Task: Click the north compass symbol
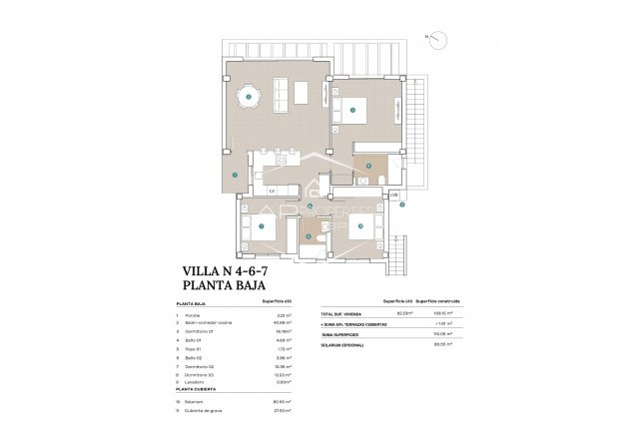click(435, 38)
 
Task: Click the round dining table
click(248, 97)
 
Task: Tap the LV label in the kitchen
click(272, 190)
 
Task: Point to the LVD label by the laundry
click(394, 194)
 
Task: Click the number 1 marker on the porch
click(235, 175)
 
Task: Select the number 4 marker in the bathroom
click(367, 166)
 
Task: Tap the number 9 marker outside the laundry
click(401, 207)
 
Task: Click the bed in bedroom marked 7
click(260, 227)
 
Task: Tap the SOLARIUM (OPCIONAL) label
click(345, 344)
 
